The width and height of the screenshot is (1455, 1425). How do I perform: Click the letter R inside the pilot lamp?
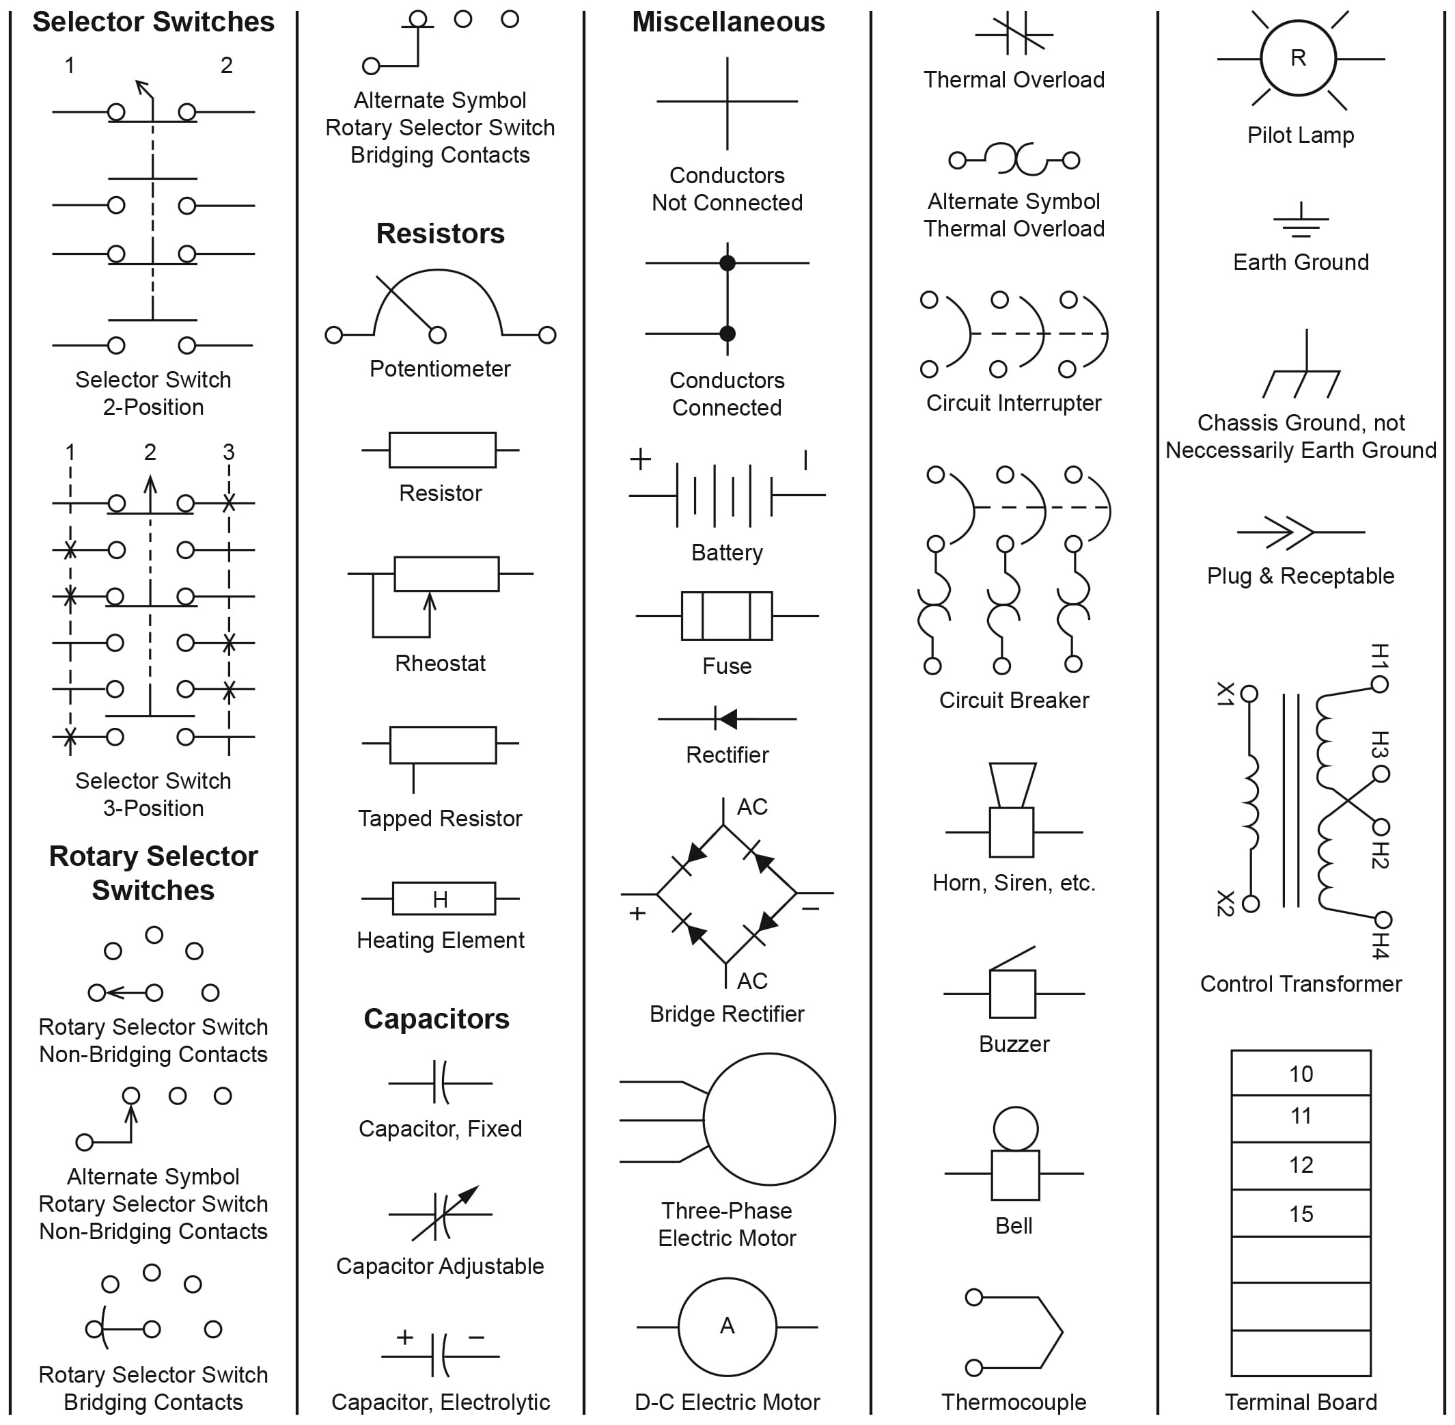(x=1298, y=57)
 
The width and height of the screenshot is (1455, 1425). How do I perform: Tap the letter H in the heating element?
(x=440, y=899)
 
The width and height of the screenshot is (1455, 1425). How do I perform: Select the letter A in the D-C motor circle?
(x=726, y=1325)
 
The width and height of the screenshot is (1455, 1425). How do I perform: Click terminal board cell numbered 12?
(x=1300, y=1165)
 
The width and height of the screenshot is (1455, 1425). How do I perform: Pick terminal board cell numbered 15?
(x=1300, y=1213)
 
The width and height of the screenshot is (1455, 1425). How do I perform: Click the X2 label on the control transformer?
(x=1225, y=903)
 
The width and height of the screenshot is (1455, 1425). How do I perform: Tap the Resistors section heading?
(x=440, y=234)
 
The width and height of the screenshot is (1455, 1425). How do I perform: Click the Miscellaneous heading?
(x=728, y=22)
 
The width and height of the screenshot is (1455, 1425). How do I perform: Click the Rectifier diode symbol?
(x=725, y=718)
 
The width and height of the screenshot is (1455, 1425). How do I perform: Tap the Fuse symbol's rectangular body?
(x=726, y=616)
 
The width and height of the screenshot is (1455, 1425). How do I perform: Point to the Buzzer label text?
(x=1014, y=1044)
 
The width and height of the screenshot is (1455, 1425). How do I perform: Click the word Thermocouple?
(x=1014, y=1402)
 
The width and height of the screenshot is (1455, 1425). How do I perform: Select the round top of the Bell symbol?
(x=1015, y=1128)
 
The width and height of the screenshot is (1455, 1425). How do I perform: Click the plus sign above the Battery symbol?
(x=640, y=459)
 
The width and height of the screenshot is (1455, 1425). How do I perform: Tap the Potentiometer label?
(x=440, y=368)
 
